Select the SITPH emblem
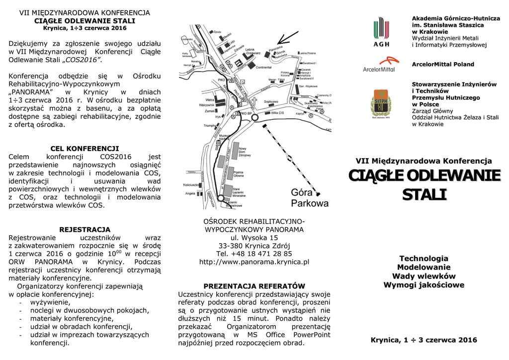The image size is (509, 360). [x=381, y=103]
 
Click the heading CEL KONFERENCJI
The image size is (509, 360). [x=85, y=148]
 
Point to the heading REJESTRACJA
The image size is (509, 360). [x=85, y=230]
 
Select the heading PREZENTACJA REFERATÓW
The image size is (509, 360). [x=254, y=286]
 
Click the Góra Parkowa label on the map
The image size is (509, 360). [x=309, y=198]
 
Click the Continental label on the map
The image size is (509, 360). [x=263, y=67]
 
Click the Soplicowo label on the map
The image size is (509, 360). [x=270, y=101]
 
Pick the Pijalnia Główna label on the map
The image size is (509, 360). [x=238, y=174]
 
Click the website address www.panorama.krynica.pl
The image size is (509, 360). [x=254, y=262]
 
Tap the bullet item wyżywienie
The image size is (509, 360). [x=50, y=302]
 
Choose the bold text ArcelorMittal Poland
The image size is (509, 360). [x=443, y=64]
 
